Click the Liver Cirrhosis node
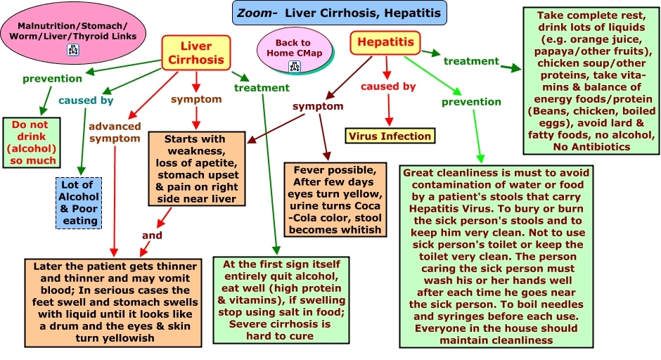pyautogui.click(x=195, y=53)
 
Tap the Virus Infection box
pyautogui.click(x=389, y=136)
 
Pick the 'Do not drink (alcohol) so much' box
pyautogui.click(x=33, y=143)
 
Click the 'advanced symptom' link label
pyautogui.click(x=115, y=132)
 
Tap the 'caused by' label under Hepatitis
pyautogui.click(x=388, y=86)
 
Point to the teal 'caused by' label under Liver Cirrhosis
pyautogui.click(x=86, y=101)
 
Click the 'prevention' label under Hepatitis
pyautogui.click(x=471, y=102)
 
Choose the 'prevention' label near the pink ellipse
pyautogui.click(x=52, y=78)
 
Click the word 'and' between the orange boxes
pyautogui.click(x=152, y=236)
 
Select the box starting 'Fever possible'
pyautogui.click(x=335, y=199)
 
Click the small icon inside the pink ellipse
pyautogui.click(x=72, y=49)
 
